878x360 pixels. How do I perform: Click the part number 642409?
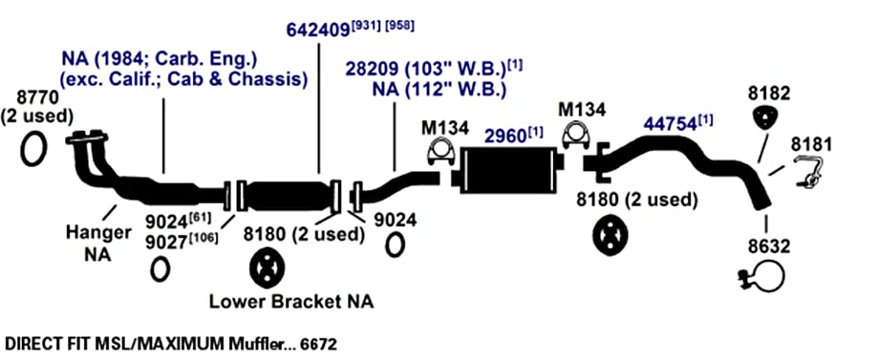point(318,30)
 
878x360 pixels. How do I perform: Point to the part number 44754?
point(670,124)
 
